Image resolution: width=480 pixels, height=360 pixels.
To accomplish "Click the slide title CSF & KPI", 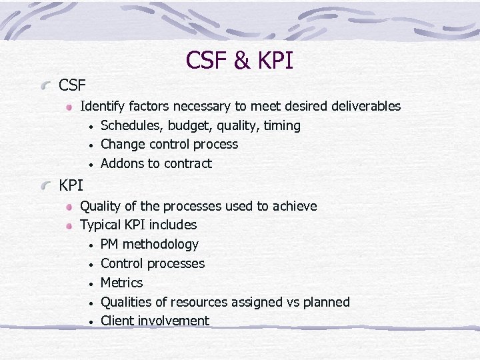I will (x=239, y=61).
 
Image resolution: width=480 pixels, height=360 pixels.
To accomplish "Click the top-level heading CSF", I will (x=73, y=85).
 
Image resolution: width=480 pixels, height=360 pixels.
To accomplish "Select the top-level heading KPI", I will (x=71, y=185).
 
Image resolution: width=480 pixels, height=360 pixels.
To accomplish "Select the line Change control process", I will (x=169, y=145).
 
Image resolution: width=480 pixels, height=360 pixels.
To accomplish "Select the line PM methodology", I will (x=149, y=245).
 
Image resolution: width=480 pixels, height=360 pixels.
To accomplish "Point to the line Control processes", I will (x=152, y=264).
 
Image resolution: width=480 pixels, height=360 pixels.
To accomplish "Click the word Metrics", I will (x=121, y=283).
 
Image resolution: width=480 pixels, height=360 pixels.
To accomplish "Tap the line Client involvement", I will (x=155, y=321).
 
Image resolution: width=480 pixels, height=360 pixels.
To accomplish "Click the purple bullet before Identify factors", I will (x=69, y=107).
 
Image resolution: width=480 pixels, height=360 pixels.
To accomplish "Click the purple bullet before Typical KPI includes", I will (x=69, y=226).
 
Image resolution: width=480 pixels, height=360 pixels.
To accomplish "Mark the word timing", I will (x=281, y=126).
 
